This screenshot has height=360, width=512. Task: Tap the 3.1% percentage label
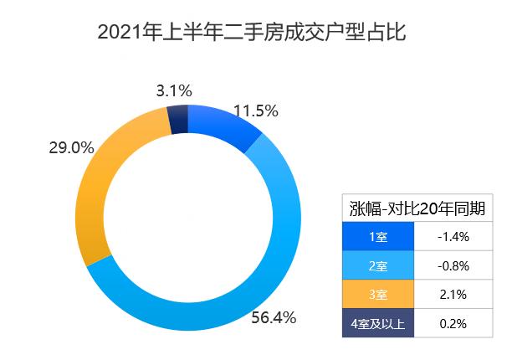174,90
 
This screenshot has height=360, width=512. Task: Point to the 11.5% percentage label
255,111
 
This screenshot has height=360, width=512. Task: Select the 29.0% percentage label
71,148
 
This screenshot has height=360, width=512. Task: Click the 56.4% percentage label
274,317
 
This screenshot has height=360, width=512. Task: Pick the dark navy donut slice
177,121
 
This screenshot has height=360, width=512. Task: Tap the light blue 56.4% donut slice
251,276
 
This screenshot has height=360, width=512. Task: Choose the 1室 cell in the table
378,237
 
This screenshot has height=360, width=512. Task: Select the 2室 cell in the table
378,266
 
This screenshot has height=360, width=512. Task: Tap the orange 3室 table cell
378,295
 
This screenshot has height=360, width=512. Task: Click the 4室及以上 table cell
378,323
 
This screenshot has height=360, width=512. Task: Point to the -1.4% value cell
453,237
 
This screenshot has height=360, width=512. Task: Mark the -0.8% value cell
453,266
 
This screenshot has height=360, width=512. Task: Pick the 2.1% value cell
453,295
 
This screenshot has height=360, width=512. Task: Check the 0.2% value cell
453,323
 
